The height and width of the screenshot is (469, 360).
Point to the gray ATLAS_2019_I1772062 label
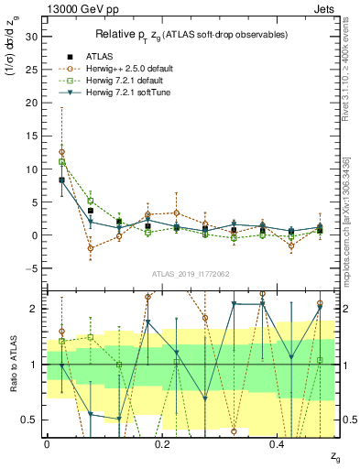(191, 274)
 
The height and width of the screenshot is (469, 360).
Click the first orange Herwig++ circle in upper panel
(61, 152)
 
